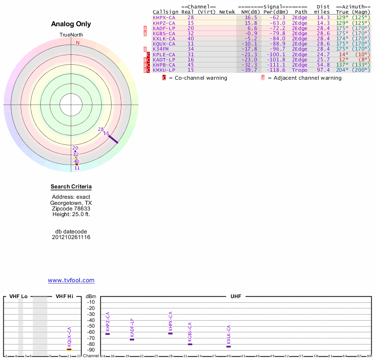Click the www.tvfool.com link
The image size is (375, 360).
(71, 280)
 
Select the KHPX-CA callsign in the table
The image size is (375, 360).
(164, 17)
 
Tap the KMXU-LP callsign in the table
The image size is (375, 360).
(164, 70)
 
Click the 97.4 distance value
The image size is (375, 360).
(323, 70)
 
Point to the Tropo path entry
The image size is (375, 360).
(300, 70)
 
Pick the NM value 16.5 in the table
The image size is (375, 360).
(251, 17)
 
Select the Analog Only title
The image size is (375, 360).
(71, 24)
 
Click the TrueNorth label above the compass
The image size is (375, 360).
(71, 35)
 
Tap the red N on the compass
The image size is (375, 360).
(78, 43)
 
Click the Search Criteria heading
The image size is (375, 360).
(71, 187)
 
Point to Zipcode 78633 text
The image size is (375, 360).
(71, 209)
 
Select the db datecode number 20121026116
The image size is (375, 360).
(71, 237)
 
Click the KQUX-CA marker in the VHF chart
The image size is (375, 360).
(69, 349)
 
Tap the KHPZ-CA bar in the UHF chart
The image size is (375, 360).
(108, 334)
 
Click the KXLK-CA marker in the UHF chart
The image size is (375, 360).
(228, 346)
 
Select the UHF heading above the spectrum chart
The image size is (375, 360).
(235, 297)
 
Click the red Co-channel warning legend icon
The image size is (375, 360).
(164, 78)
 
